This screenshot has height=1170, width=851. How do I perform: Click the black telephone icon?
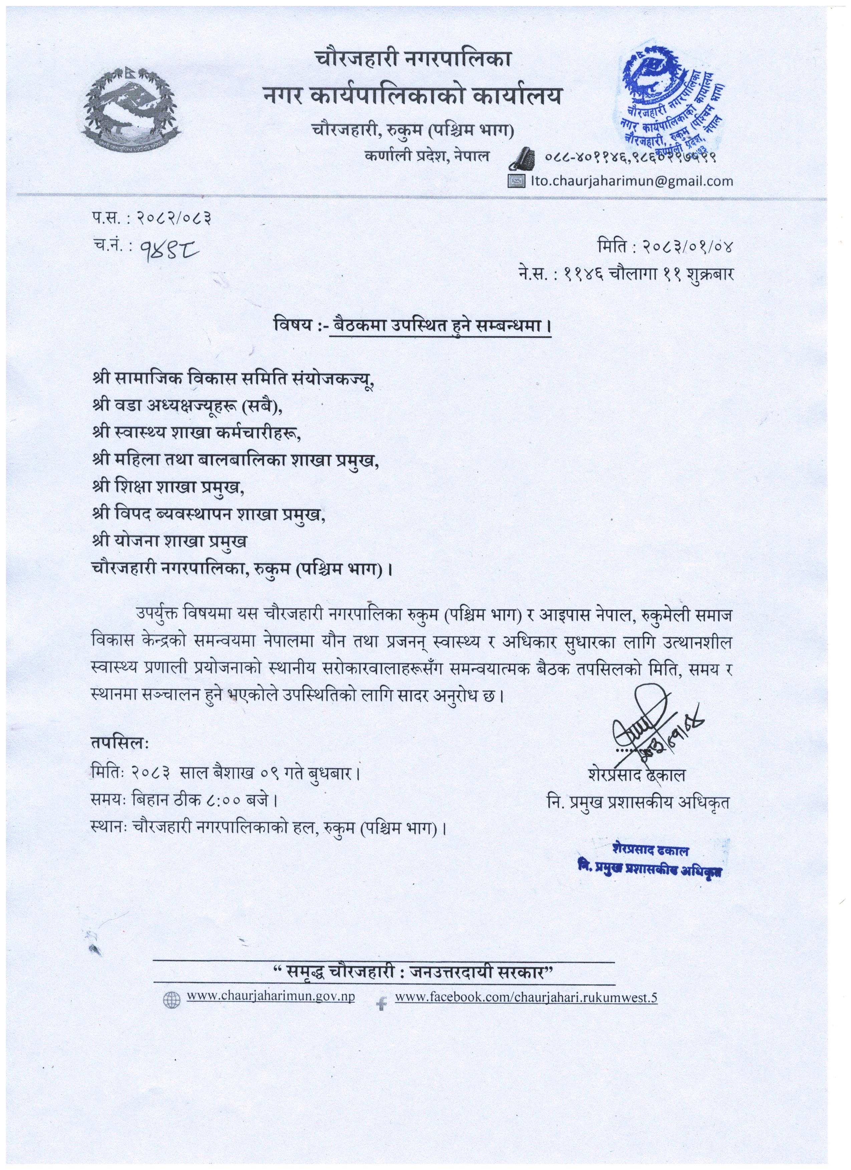tap(522, 158)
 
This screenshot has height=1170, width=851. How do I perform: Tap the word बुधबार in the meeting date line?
tap(329, 774)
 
